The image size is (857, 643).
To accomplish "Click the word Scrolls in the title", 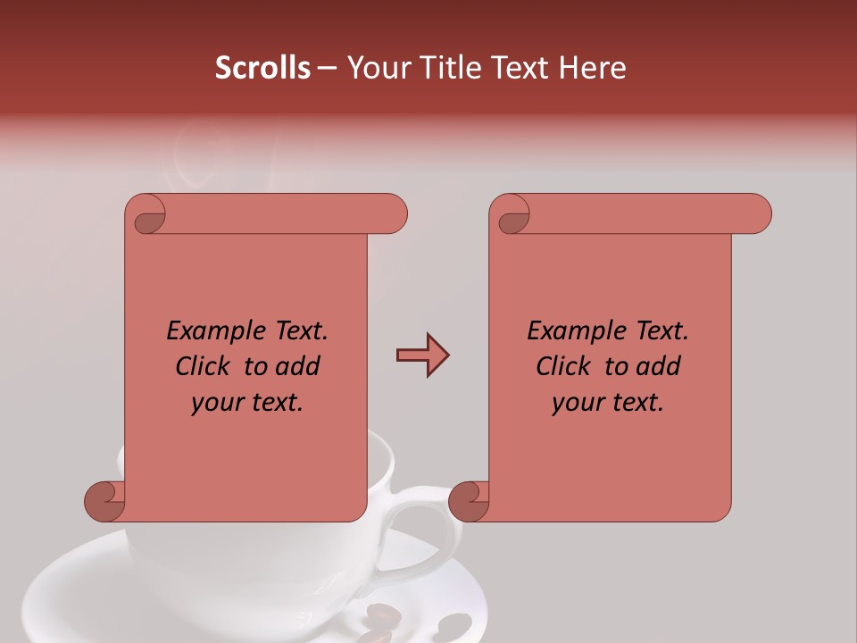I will (x=262, y=68).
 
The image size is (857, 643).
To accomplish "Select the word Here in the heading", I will (x=593, y=68).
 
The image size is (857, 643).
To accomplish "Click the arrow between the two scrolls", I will (x=422, y=355).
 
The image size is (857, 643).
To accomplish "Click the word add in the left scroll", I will (x=298, y=367).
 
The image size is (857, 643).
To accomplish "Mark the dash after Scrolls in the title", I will (x=327, y=68).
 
